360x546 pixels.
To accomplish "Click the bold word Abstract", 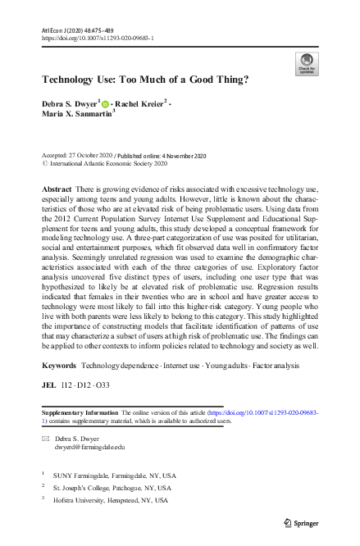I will pos(57,189).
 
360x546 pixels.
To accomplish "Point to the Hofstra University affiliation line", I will pos(116,499).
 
